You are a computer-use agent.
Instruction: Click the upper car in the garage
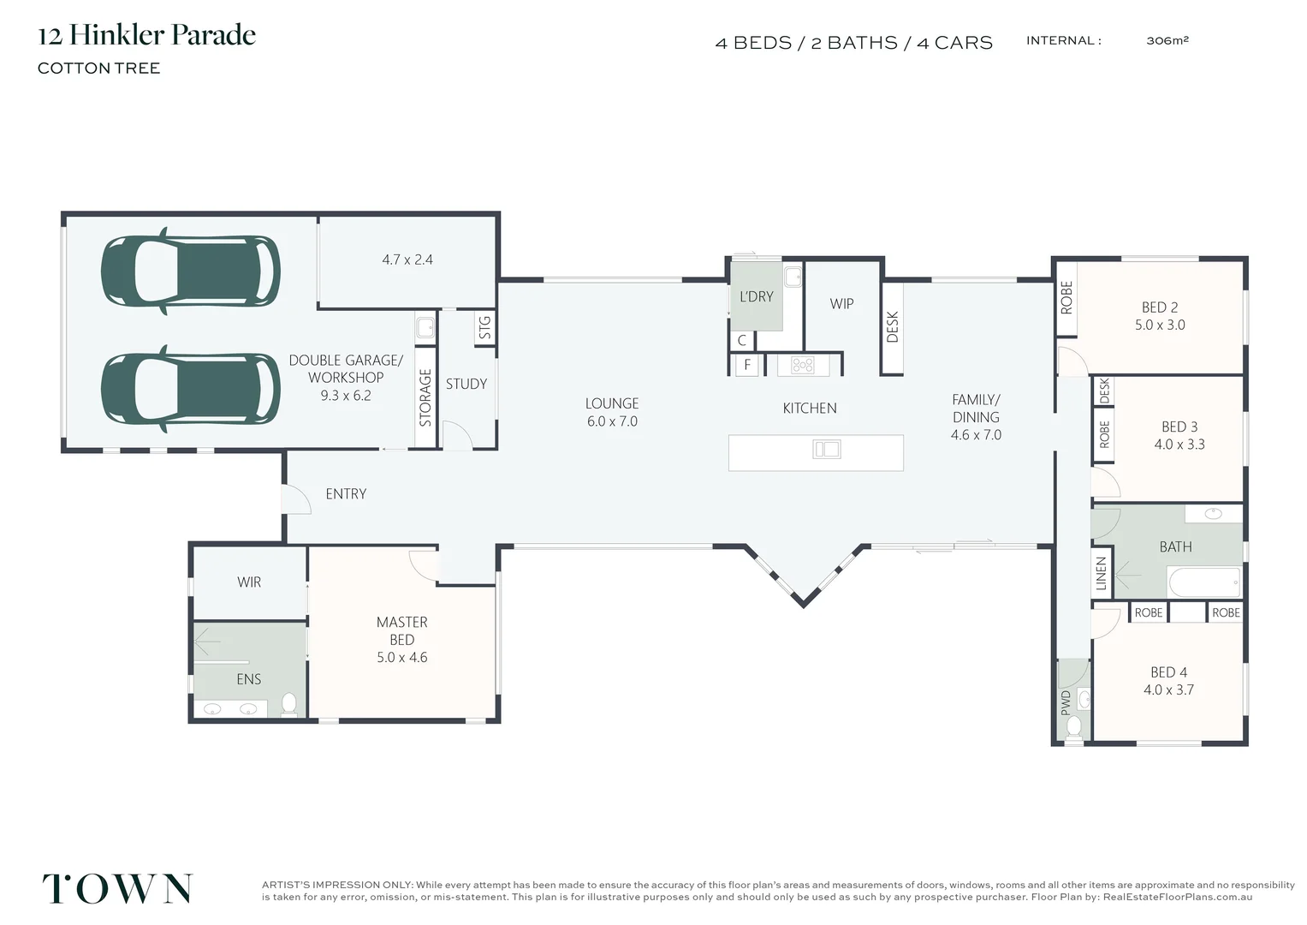pyautogui.click(x=190, y=272)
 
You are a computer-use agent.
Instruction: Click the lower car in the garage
pyautogui.click(x=190, y=389)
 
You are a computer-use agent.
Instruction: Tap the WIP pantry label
pyautogui.click(x=841, y=304)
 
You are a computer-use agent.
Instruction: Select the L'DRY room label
pyautogui.click(x=756, y=296)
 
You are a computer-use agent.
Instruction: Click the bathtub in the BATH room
pyautogui.click(x=1204, y=582)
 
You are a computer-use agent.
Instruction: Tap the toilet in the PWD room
pyautogui.click(x=1073, y=728)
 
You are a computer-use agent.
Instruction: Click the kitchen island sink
pyautogui.click(x=827, y=449)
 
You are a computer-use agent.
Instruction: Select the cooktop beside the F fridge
pyautogui.click(x=802, y=366)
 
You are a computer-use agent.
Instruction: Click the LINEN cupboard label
pyautogui.click(x=1101, y=574)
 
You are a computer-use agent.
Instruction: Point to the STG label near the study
pyautogui.click(x=484, y=327)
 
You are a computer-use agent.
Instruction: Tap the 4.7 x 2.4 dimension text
pyautogui.click(x=407, y=260)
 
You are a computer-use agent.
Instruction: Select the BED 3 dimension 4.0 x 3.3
pyautogui.click(x=1179, y=445)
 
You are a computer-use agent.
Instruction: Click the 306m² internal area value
pyautogui.click(x=1167, y=40)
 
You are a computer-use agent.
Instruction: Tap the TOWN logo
pyautogui.click(x=117, y=888)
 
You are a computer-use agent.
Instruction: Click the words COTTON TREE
pyautogui.click(x=98, y=69)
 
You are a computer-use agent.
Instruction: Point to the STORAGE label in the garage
pyautogui.click(x=425, y=397)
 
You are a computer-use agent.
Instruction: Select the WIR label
pyautogui.click(x=249, y=582)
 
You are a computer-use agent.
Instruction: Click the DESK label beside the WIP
pyautogui.click(x=892, y=327)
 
